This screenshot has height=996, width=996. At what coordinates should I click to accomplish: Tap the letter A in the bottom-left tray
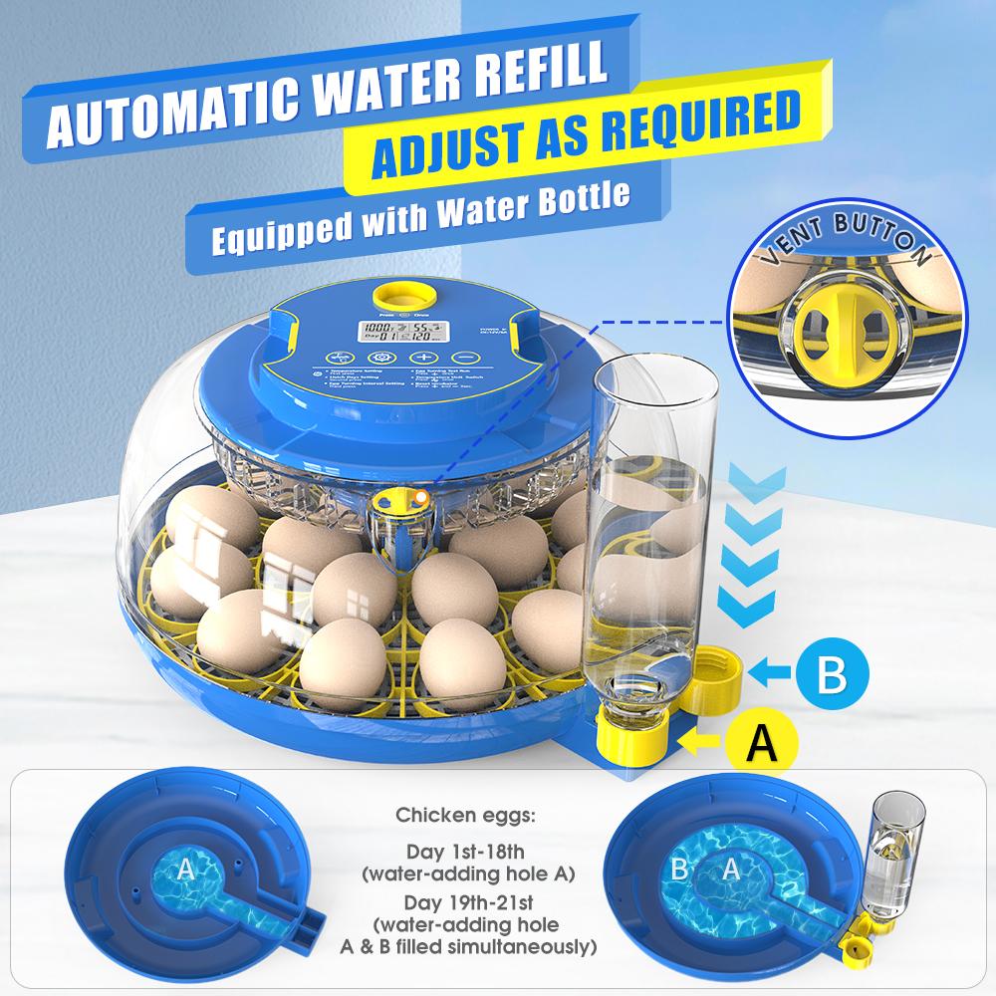click(184, 871)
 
